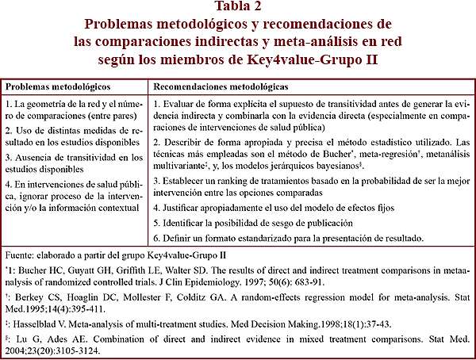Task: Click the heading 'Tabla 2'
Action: (x=238, y=9)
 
